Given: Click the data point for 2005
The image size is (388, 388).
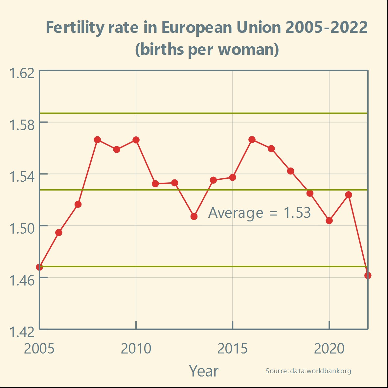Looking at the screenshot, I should pyautogui.click(x=39, y=267).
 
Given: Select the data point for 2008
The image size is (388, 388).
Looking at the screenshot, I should pyautogui.click(x=97, y=140).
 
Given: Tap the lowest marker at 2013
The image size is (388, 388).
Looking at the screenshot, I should pyautogui.click(x=194, y=217).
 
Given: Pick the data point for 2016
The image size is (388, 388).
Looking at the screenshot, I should pyautogui.click(x=252, y=140).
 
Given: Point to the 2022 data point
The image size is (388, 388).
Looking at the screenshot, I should pyautogui.click(x=368, y=275).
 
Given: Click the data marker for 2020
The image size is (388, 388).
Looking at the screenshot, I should pyautogui.click(x=329, y=221).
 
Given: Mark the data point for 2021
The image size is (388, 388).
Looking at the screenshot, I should pyautogui.click(x=349, y=195).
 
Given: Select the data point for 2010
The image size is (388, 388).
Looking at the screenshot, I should pyautogui.click(x=136, y=140).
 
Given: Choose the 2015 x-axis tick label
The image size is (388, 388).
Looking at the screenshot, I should pyautogui.click(x=233, y=349).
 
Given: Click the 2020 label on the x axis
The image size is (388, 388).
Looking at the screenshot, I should pyautogui.click(x=329, y=349).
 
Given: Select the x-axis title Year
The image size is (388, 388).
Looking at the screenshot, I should pyautogui.click(x=203, y=371).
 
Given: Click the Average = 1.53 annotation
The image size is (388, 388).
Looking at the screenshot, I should pyautogui.click(x=260, y=213).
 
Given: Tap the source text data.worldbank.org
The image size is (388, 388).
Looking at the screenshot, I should pyautogui.click(x=308, y=371).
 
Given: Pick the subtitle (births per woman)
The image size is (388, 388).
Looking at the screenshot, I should pyautogui.click(x=207, y=49).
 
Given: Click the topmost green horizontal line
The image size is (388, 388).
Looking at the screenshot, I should pyautogui.click(x=203, y=113).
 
